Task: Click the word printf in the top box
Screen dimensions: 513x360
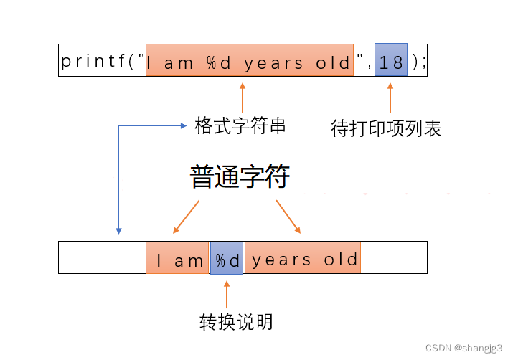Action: pos(93,62)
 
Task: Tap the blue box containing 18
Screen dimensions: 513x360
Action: pos(391,62)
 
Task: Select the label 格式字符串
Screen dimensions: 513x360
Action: pos(240,127)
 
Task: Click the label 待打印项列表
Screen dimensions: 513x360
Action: pos(386,128)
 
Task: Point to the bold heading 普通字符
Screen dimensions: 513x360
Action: pos(240,176)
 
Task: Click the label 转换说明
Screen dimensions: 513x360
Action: pos(236,322)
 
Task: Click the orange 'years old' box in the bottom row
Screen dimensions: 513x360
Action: pos(303,259)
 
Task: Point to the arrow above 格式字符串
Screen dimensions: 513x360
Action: pos(242,96)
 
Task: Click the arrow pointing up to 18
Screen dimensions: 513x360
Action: pos(390,98)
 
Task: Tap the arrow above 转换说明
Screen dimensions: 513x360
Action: pos(227,294)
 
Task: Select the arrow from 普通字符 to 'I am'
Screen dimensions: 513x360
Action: pos(186,216)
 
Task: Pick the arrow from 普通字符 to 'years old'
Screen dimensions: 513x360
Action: pos(288,216)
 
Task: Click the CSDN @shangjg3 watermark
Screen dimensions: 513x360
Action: pos(463,347)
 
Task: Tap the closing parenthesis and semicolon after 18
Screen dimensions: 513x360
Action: pos(419,62)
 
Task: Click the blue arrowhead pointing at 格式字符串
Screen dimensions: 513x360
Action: pos(184,126)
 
